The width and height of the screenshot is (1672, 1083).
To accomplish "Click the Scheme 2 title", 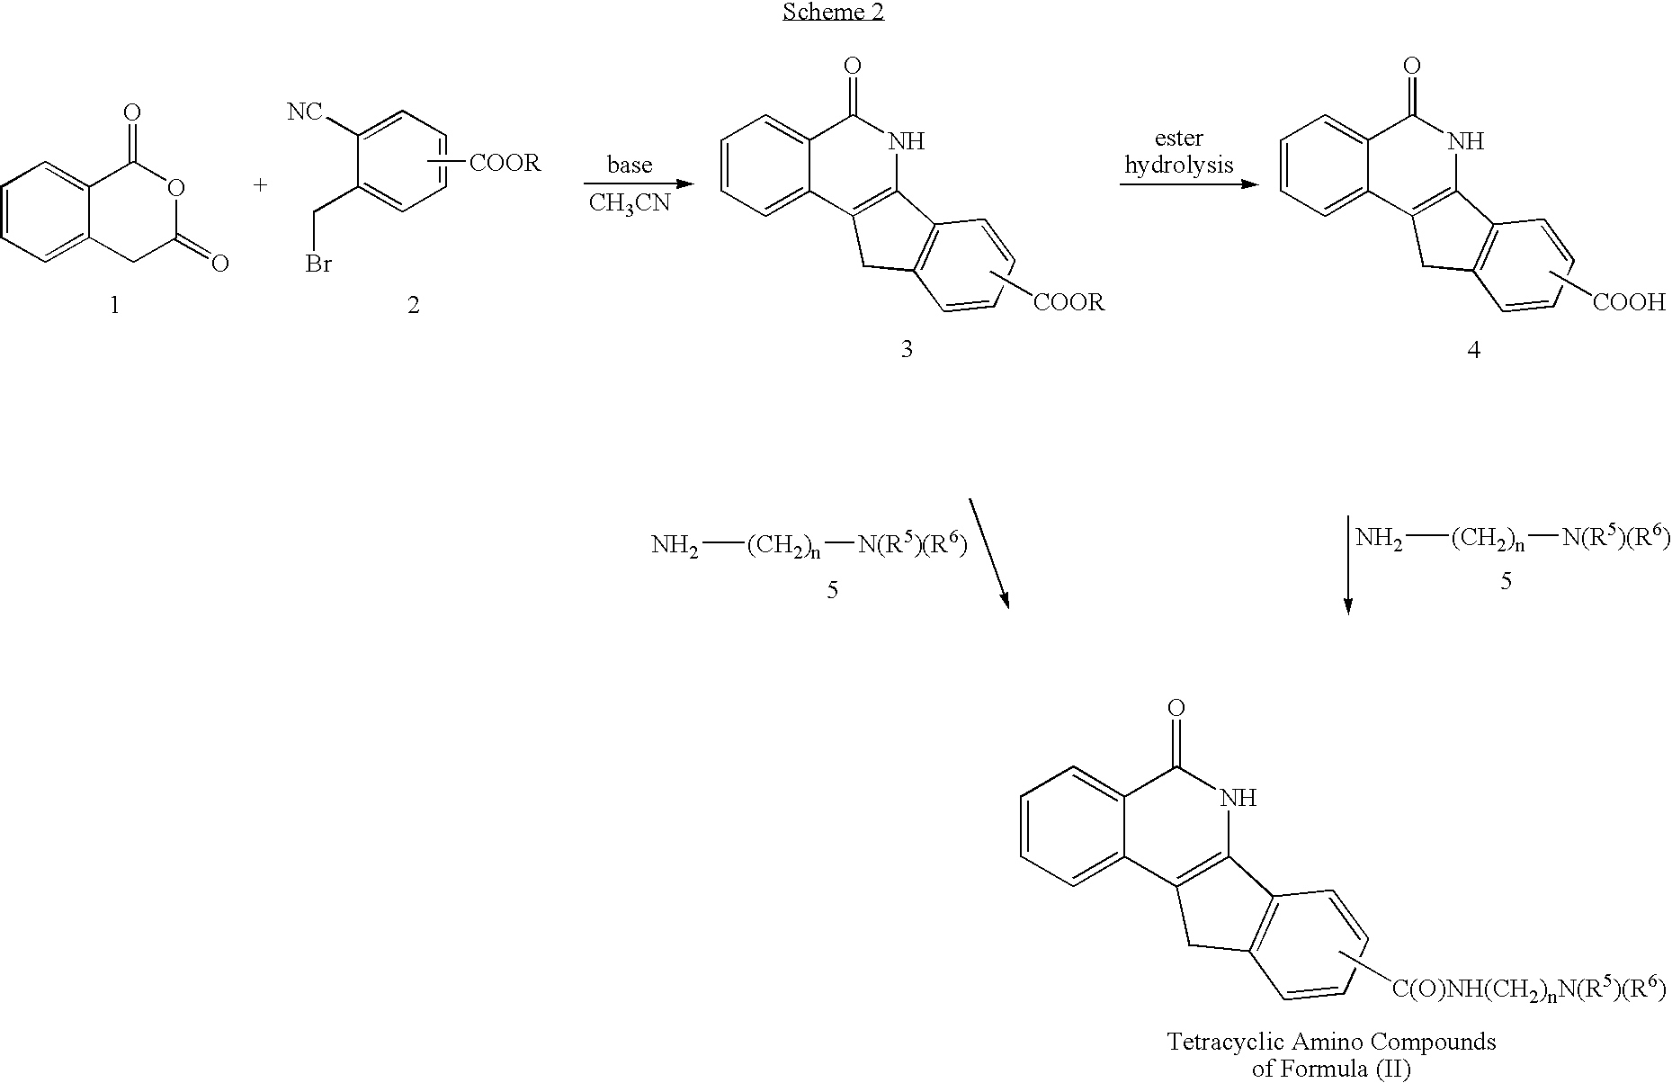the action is click(x=833, y=13).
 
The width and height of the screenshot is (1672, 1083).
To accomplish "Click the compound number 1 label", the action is click(x=114, y=306).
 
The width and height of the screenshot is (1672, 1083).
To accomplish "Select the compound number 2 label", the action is click(x=413, y=306).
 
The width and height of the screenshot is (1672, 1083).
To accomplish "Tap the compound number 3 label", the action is click(x=907, y=349).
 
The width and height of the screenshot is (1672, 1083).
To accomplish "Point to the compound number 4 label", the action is click(x=1473, y=349).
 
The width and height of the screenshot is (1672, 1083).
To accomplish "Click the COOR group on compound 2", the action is click(x=505, y=163).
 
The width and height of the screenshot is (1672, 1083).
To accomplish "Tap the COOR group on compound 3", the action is click(x=1069, y=302).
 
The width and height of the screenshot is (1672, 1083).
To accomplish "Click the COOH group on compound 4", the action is click(x=1630, y=302).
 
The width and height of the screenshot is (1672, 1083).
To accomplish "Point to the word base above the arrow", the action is click(x=630, y=166).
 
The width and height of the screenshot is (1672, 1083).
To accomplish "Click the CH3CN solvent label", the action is click(x=630, y=204).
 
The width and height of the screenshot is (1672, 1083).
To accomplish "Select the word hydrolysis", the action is click(x=1179, y=166).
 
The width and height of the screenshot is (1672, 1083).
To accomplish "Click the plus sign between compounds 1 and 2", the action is click(x=261, y=186).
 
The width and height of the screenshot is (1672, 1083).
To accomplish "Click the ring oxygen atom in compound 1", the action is click(x=176, y=188).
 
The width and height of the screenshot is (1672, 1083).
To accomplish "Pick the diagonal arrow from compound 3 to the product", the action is click(x=989, y=552).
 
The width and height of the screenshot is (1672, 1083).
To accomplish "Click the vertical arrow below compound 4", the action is click(x=1347, y=564).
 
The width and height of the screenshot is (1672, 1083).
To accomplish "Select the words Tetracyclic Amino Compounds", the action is click(x=1332, y=1042).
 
